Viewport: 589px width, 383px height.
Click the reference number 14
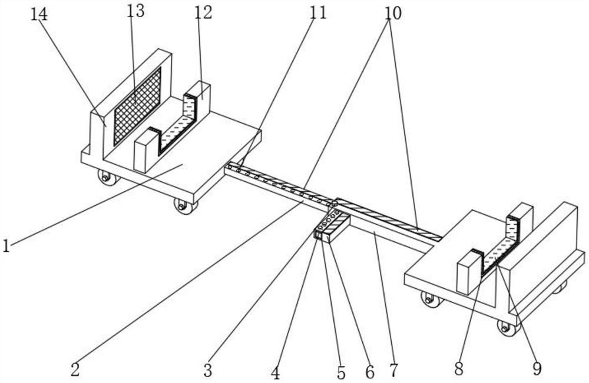click(39, 14)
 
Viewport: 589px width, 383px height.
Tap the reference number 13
click(135, 11)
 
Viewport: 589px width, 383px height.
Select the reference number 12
click(204, 13)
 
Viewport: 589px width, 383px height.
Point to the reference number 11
click(318, 13)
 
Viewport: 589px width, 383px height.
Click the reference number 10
click(393, 13)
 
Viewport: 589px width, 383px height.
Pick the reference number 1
click(6, 246)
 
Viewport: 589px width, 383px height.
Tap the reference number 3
click(208, 371)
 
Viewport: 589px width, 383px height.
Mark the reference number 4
click(276, 373)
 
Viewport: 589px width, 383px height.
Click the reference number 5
click(341, 373)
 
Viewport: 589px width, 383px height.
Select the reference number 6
click(370, 372)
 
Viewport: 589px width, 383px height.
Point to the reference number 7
click(393, 371)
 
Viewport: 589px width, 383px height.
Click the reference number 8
click(459, 369)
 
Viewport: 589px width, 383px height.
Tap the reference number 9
click(537, 368)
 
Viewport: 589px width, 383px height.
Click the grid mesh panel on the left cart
click(137, 106)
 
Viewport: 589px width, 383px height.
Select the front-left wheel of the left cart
click(108, 177)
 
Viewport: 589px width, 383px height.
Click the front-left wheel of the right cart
click(432, 299)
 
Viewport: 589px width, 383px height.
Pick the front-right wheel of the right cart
click(508, 328)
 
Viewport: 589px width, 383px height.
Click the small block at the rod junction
click(332, 229)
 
